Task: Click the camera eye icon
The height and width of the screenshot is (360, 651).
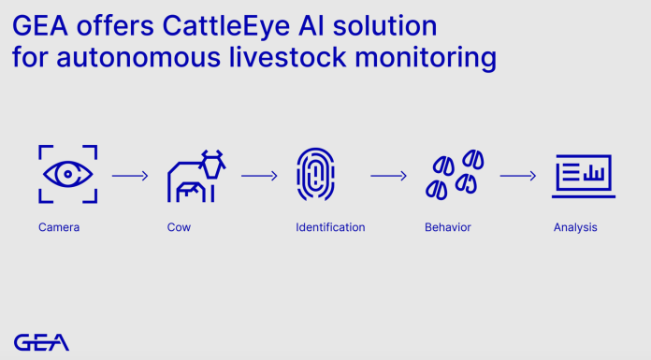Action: (66, 174)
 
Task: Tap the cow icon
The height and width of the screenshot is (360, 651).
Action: (196, 175)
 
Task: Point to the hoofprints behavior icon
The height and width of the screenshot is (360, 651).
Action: (456, 175)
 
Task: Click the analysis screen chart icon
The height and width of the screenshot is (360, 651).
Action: (583, 176)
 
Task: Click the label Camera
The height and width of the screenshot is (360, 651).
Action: (58, 227)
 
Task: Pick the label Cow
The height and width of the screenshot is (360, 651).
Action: (179, 227)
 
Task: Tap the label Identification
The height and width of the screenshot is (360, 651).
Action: (330, 227)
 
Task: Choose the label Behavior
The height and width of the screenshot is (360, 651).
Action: (448, 227)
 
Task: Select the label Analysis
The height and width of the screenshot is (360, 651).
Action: (574, 227)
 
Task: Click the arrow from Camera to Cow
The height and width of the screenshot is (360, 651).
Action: (130, 175)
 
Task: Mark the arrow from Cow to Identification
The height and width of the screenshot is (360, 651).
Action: (259, 175)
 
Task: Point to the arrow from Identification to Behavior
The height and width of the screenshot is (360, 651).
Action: (388, 175)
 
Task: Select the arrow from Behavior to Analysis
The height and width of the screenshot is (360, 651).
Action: (517, 175)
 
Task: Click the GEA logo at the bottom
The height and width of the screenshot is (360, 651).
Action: (41, 342)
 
